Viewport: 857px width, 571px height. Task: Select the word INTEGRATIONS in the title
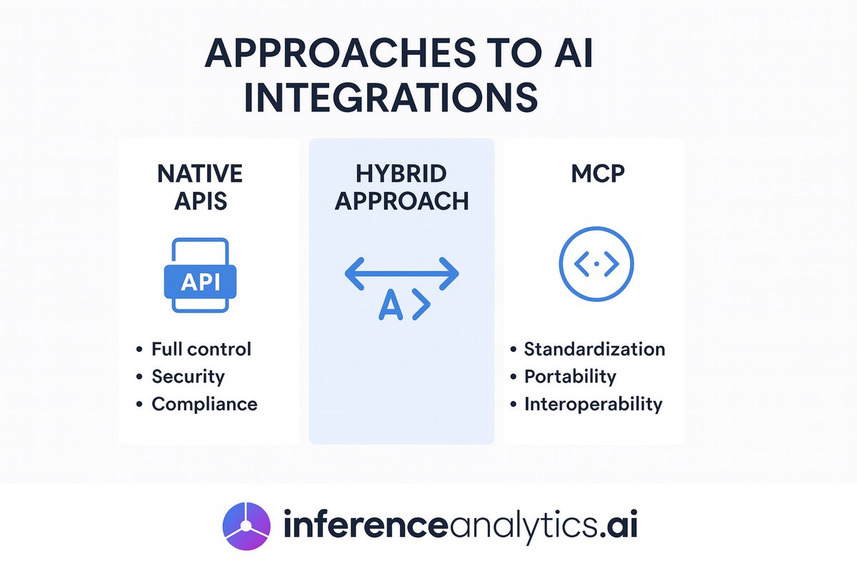[x=391, y=98]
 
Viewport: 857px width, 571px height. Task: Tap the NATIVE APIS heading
[x=200, y=186]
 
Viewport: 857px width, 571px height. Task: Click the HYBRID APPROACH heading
[x=402, y=188]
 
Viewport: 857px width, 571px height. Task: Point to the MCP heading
[x=596, y=175]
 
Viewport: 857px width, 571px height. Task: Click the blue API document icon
[x=200, y=276]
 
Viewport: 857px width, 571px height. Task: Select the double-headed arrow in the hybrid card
[x=401, y=274]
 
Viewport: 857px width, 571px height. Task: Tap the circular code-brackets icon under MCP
[x=596, y=264]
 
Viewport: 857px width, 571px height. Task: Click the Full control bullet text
[x=201, y=349]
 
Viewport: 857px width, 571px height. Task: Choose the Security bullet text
[x=188, y=376]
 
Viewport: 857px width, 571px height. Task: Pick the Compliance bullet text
[x=204, y=404]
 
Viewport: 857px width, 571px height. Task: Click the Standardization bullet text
[x=594, y=349]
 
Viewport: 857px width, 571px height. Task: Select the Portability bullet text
[x=570, y=376]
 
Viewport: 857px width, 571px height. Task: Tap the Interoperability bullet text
[x=593, y=404]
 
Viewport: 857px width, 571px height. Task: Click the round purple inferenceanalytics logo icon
[x=247, y=527]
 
